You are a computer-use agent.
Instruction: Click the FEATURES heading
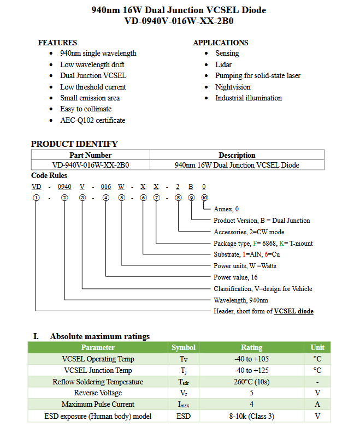click(x=57, y=43)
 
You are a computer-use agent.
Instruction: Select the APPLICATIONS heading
click(x=220, y=43)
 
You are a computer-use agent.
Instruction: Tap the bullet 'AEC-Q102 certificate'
click(x=92, y=120)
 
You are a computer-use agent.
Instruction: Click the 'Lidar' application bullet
click(x=224, y=64)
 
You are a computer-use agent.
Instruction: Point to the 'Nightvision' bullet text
click(x=233, y=87)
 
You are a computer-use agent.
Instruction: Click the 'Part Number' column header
click(x=91, y=155)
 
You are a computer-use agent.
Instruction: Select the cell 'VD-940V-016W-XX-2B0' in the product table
click(x=91, y=165)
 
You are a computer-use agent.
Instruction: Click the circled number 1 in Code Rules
click(x=36, y=198)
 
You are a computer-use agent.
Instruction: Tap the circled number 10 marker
click(x=204, y=198)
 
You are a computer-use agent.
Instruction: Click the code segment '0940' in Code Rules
click(x=64, y=187)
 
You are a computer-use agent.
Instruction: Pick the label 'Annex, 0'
click(x=226, y=209)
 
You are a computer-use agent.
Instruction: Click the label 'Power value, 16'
click(x=235, y=277)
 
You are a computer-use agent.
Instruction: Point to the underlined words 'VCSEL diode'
click(x=294, y=311)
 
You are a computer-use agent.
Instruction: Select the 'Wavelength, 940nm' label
click(x=241, y=300)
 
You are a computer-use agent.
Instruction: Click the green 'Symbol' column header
click(x=184, y=347)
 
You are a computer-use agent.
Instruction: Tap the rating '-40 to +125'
click(x=251, y=370)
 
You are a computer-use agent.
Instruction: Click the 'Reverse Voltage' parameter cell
click(x=98, y=393)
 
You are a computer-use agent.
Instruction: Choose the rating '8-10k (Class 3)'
click(x=251, y=416)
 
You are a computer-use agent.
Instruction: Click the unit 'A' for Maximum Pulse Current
click(x=317, y=404)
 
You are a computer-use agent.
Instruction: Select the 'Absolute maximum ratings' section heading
click(x=99, y=336)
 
